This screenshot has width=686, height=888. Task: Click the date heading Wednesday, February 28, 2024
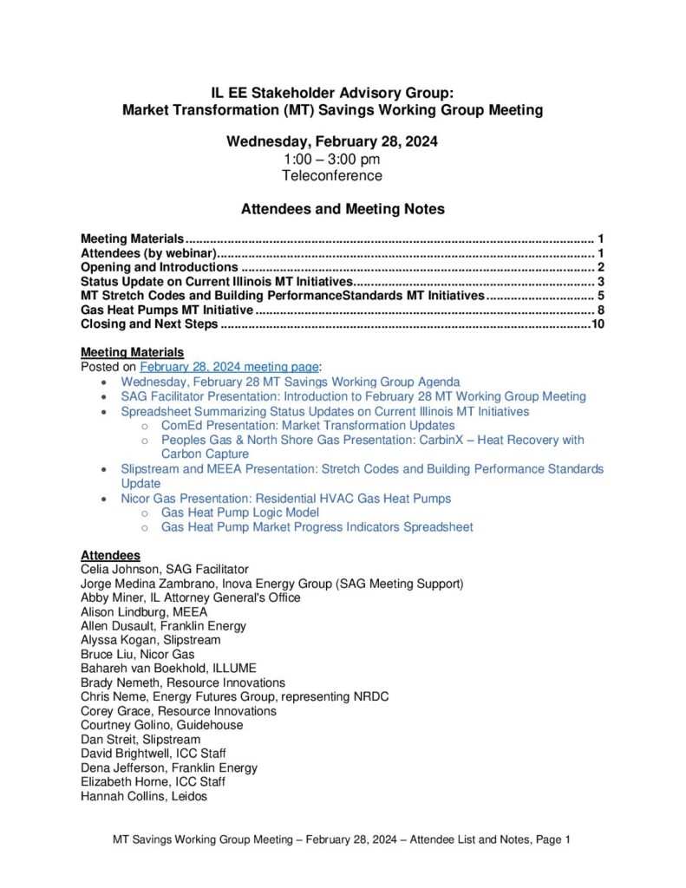point(331,142)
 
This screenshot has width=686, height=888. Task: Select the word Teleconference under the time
point(331,175)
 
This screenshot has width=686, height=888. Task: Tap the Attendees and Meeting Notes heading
point(342,209)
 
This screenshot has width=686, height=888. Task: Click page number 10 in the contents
point(596,324)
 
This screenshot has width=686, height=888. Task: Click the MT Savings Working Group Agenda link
point(290,382)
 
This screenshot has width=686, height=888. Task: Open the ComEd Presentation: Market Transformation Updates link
point(308,426)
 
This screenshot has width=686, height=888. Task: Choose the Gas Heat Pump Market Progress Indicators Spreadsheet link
point(317,527)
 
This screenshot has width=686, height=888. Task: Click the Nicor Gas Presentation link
point(285,499)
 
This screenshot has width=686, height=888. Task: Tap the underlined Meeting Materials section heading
point(132,352)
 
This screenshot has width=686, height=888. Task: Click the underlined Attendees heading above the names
point(110,555)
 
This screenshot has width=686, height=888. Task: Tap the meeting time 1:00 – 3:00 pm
point(331,159)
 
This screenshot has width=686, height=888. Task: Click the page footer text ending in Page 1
point(342,839)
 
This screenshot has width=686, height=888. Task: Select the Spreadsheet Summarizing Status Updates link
point(324,411)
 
